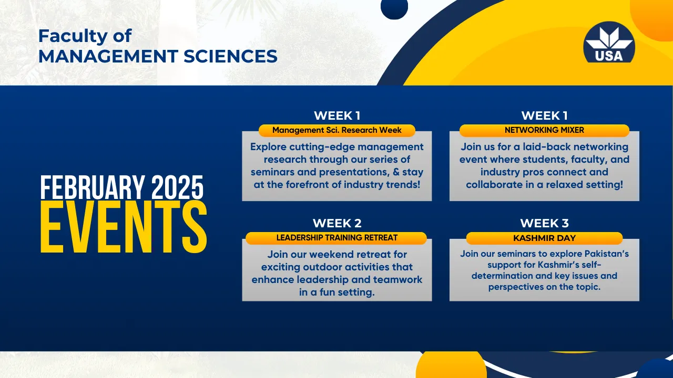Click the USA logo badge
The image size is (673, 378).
(x=609, y=43)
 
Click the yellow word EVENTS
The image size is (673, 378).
(x=124, y=227)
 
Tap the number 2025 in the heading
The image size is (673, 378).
(x=178, y=187)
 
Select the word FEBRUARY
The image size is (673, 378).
(x=92, y=187)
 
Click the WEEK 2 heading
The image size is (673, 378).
(x=337, y=223)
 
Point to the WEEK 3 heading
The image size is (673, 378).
(x=544, y=223)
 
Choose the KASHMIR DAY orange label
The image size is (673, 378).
(x=544, y=238)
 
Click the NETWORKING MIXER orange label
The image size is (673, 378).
(x=544, y=130)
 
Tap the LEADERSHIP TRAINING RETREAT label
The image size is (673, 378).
(x=336, y=238)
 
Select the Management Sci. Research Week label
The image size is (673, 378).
(x=337, y=130)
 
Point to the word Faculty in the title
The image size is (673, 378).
(x=73, y=37)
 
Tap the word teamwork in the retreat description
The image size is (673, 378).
(x=398, y=280)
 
